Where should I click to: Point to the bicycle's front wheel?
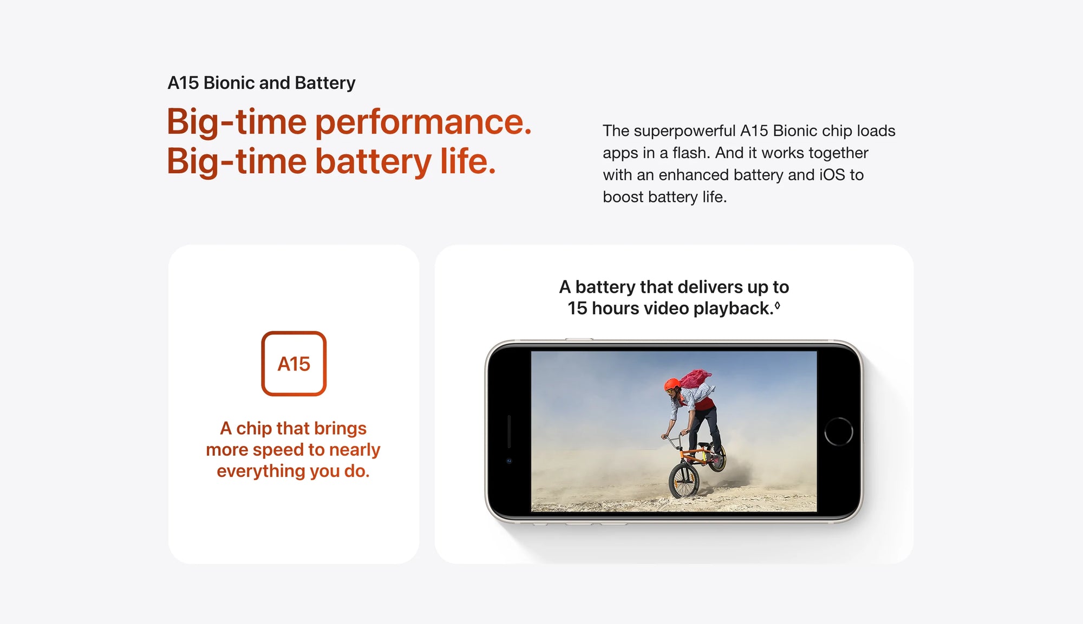point(684,480)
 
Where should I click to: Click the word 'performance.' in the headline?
point(423,122)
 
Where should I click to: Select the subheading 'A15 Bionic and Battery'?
point(262,83)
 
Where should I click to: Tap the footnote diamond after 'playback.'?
point(778,305)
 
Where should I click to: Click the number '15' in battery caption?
point(577,308)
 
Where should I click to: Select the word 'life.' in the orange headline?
point(468,161)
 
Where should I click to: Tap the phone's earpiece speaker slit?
point(509,431)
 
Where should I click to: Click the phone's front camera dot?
point(508,461)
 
